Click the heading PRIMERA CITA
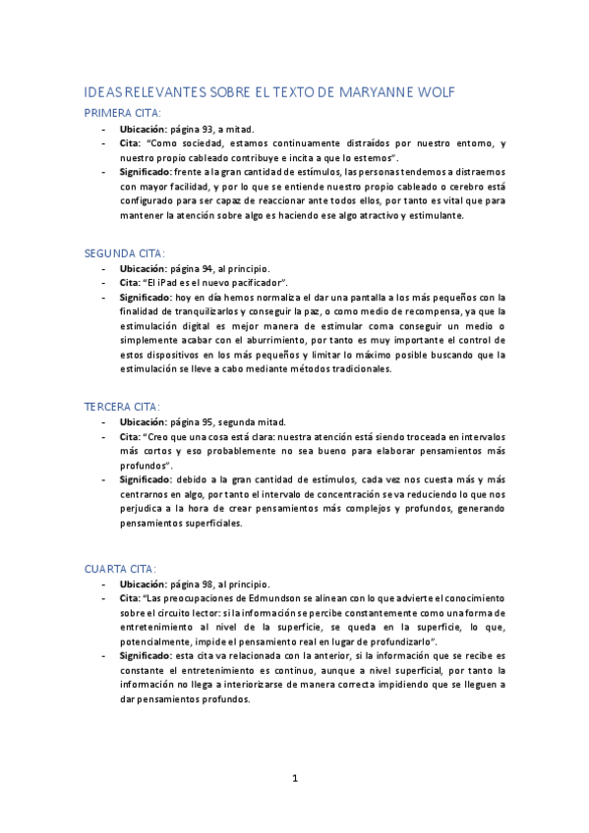point(122,113)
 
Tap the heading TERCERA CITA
point(122,406)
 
